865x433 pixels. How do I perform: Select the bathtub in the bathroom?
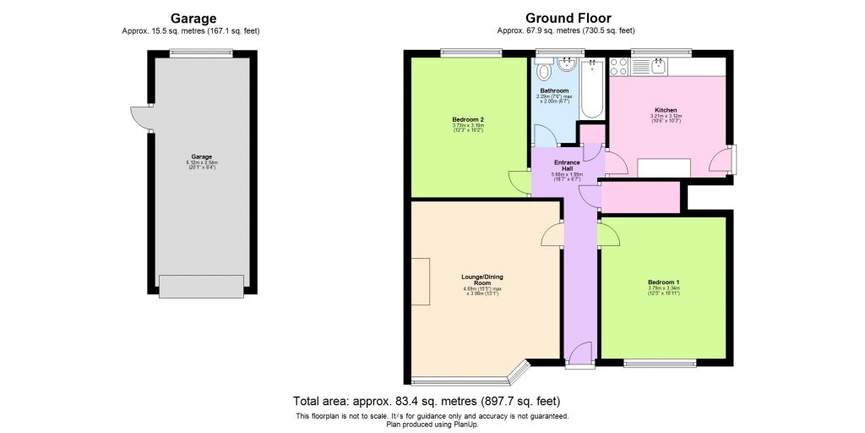(593, 89)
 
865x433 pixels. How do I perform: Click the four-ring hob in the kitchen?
(618, 66)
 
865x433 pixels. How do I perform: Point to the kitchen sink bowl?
(658, 65)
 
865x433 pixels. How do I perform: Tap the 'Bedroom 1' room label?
(663, 282)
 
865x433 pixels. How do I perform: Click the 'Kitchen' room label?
(665, 110)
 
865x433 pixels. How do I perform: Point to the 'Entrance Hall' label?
(567, 165)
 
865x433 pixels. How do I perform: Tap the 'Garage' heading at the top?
(193, 18)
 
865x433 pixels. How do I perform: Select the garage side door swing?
(139, 118)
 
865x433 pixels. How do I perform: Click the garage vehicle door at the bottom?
(201, 287)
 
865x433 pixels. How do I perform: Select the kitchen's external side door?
(723, 162)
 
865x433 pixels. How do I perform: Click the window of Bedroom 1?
(661, 364)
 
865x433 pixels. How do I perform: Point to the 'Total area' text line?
(426, 401)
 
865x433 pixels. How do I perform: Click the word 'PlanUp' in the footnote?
(463, 425)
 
